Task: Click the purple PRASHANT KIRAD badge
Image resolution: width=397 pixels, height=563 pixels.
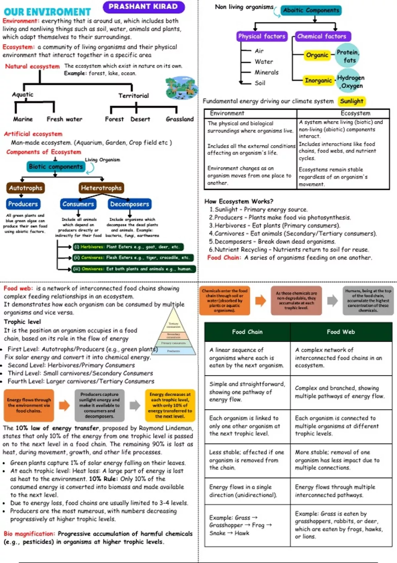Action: [x=143, y=7]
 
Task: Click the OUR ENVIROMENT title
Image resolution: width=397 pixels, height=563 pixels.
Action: [x=47, y=12]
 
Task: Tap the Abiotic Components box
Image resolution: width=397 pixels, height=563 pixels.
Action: [x=311, y=10]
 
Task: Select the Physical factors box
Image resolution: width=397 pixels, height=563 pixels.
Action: [x=262, y=36]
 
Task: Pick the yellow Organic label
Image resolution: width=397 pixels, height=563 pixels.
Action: [x=317, y=55]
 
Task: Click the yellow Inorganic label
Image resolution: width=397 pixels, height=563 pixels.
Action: [x=318, y=80]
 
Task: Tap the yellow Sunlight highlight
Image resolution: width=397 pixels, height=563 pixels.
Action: [x=352, y=101]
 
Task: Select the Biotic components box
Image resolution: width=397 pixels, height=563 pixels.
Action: [x=56, y=167]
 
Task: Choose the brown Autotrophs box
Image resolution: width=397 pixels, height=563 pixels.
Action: [x=25, y=188]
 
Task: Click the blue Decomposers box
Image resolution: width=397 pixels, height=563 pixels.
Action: [x=129, y=204]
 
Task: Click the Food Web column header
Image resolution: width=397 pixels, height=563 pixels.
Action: [x=341, y=332]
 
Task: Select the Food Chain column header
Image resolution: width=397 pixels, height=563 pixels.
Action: [x=247, y=332]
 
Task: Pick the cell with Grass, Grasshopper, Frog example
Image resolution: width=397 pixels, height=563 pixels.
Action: [x=247, y=525]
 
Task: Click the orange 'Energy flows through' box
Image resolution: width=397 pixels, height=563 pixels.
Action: [x=29, y=405]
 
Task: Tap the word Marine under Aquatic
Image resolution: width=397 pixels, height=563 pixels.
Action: [x=23, y=119]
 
